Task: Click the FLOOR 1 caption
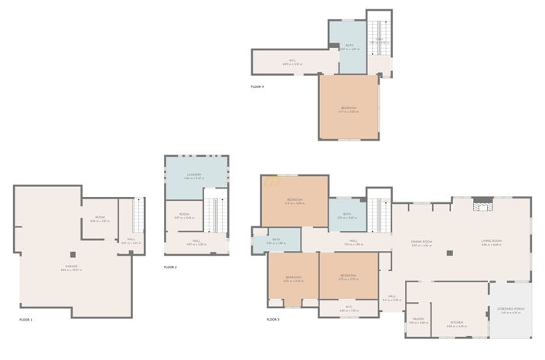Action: (x=26, y=319)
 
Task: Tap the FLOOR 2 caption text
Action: (x=170, y=267)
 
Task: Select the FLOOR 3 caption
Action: (x=273, y=319)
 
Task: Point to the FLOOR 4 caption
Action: (x=257, y=87)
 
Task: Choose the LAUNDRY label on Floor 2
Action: (x=194, y=175)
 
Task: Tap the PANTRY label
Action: (x=418, y=318)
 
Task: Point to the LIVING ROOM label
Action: (x=491, y=242)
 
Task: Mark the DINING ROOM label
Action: (x=422, y=242)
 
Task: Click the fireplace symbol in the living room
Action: (x=482, y=205)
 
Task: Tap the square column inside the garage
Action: (x=72, y=253)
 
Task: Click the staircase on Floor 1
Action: (x=139, y=215)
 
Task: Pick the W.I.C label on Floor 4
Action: (x=292, y=59)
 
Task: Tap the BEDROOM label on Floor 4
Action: (x=349, y=108)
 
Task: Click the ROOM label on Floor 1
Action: (x=100, y=219)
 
